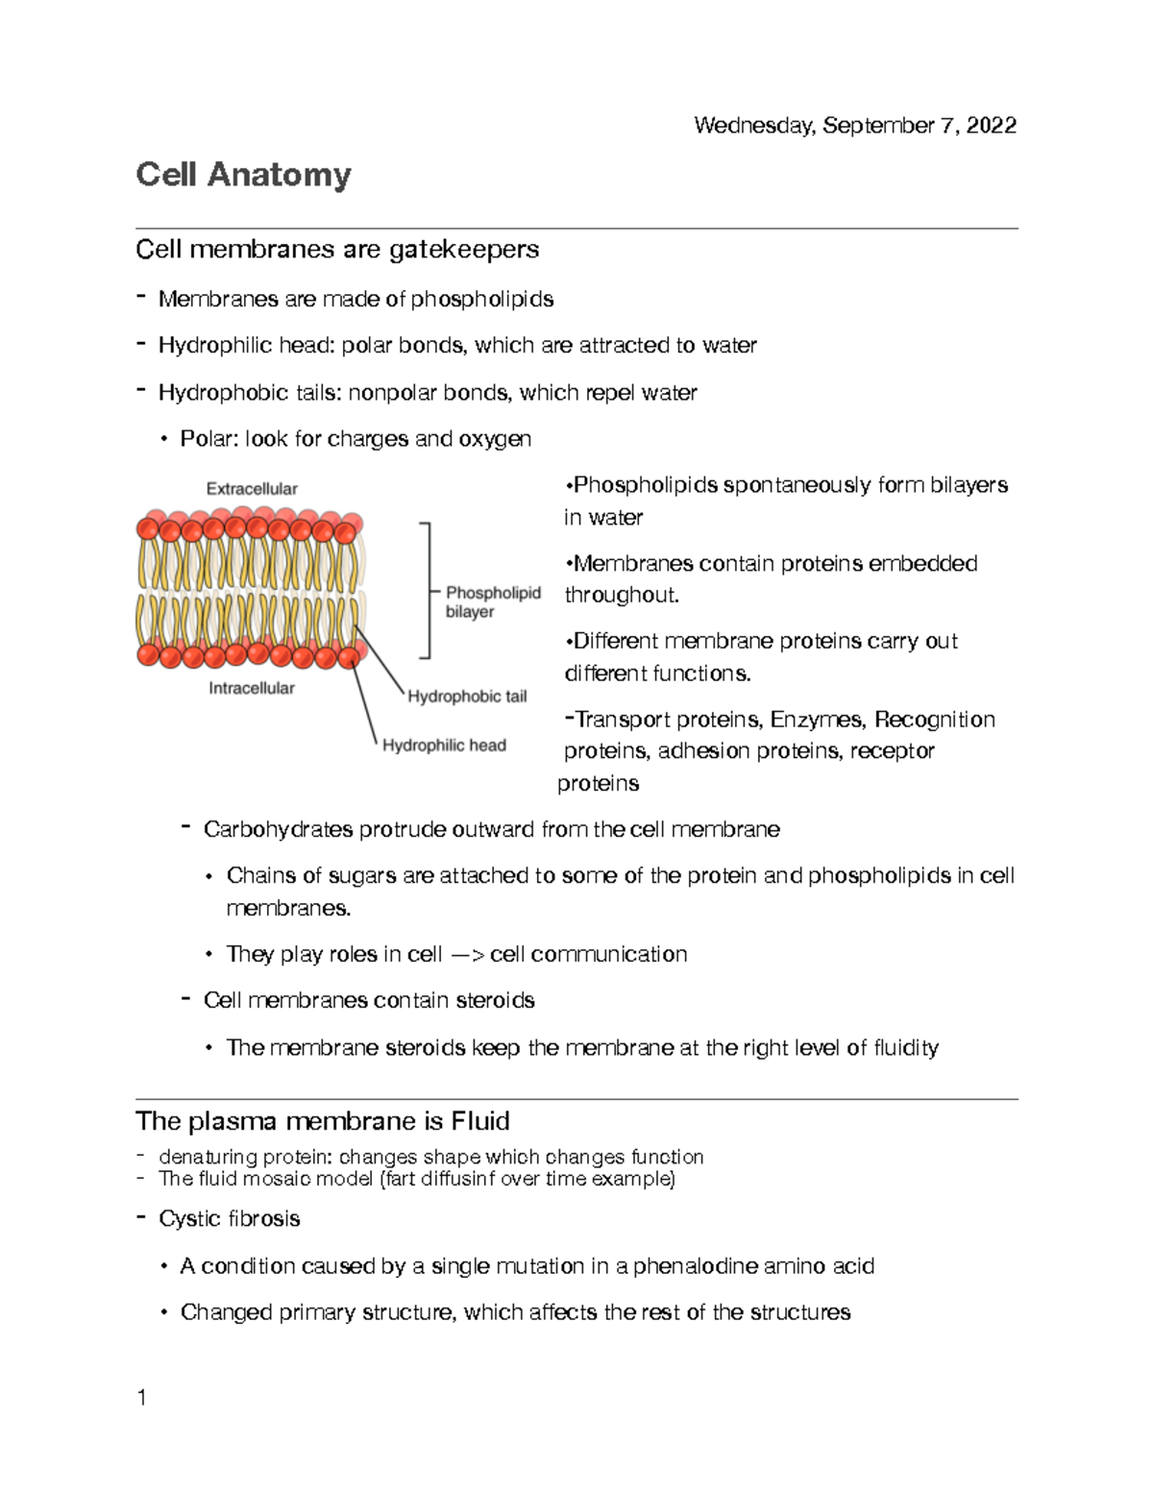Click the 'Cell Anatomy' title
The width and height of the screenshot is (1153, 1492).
click(x=243, y=175)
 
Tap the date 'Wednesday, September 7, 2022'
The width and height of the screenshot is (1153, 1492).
click(x=854, y=126)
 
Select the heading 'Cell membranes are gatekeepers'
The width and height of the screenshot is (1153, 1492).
click(x=337, y=250)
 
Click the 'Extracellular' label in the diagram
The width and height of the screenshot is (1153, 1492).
click(x=252, y=489)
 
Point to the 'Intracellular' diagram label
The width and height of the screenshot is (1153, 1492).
click(x=252, y=688)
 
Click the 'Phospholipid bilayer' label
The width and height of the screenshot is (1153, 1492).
click(x=492, y=602)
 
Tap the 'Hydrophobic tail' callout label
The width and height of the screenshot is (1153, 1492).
click(x=467, y=697)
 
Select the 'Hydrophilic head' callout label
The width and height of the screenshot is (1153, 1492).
click(x=444, y=746)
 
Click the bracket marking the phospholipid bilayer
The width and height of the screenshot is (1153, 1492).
click(x=427, y=591)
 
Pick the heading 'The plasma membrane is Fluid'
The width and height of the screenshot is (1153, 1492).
click(x=323, y=1121)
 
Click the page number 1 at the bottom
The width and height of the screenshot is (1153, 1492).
click(x=142, y=1398)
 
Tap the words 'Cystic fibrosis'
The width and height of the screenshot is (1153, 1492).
click(x=230, y=1219)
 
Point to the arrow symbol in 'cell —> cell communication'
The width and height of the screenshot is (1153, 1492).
click(x=467, y=955)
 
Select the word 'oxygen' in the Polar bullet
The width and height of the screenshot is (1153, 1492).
click(x=495, y=439)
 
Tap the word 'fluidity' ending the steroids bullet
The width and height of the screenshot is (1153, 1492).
click(x=905, y=1048)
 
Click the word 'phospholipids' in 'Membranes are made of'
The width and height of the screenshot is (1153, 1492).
click(x=482, y=300)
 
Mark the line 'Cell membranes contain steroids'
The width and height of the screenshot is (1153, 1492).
click(x=369, y=1001)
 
